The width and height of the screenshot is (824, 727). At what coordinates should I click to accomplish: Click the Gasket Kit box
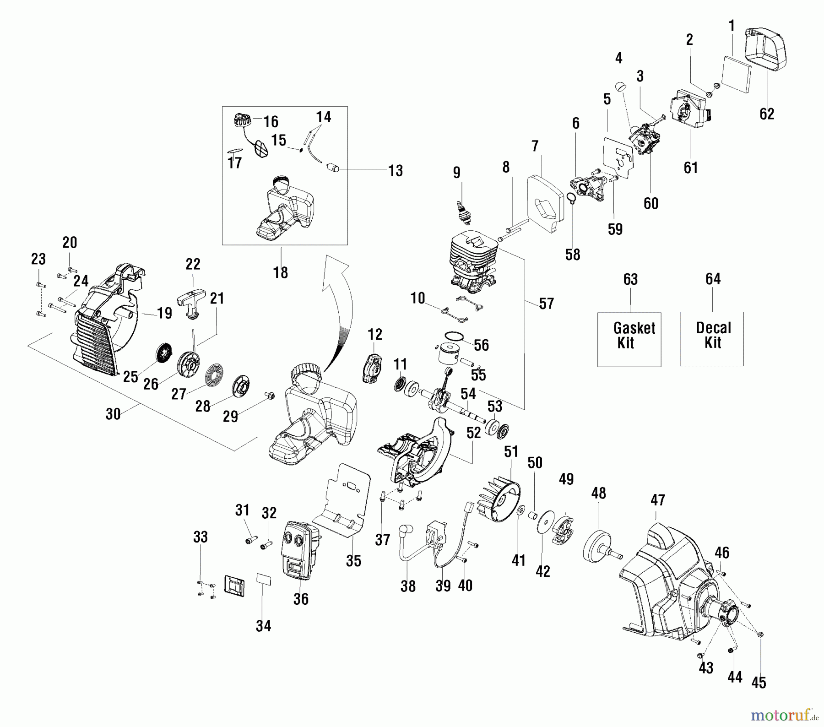pyautogui.click(x=629, y=339)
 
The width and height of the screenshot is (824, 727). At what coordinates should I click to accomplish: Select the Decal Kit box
pyautogui.click(x=711, y=339)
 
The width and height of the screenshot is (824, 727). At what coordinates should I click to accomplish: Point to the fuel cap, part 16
pyautogui.click(x=241, y=121)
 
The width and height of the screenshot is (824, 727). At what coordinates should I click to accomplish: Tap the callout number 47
pyautogui.click(x=658, y=500)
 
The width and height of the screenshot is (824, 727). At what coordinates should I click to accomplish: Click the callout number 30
pyautogui.click(x=113, y=414)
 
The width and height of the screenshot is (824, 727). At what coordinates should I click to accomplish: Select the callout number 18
pyautogui.click(x=281, y=272)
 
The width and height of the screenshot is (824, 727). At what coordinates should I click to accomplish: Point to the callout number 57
pyautogui.click(x=546, y=303)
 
